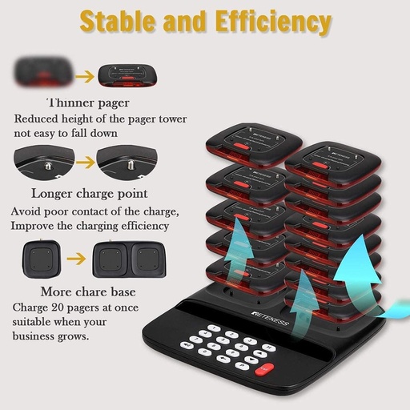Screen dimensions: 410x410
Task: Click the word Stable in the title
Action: click(118, 21)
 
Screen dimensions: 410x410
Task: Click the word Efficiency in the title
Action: click(273, 22)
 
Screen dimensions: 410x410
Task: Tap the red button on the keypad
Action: click(264, 369)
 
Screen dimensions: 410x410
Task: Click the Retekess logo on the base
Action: click(271, 319)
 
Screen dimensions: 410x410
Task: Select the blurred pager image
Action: click(43, 71)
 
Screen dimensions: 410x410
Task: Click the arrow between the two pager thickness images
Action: click(85, 77)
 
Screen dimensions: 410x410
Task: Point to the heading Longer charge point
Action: click(90, 194)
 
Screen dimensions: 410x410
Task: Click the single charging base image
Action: click(42, 259)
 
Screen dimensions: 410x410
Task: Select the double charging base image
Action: click(129, 259)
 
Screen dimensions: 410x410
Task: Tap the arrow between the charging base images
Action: click(76, 259)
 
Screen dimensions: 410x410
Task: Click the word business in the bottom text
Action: click(33, 336)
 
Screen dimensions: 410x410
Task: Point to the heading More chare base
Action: click(88, 291)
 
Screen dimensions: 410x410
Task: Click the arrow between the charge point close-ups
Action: click(86, 163)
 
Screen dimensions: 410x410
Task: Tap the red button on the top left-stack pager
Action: click(241, 146)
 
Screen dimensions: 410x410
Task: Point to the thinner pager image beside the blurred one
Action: click(127, 75)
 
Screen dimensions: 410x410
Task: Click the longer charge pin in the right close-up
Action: click(131, 164)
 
